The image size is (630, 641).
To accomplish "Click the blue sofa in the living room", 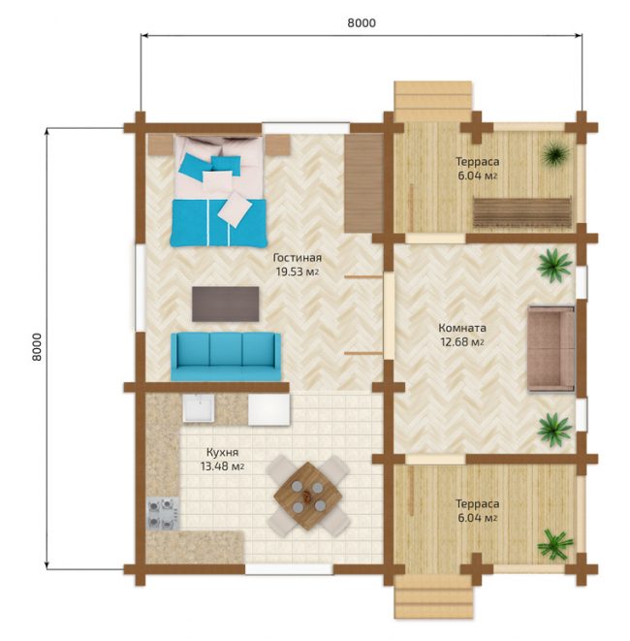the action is pos(226,357).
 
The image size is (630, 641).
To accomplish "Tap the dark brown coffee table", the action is pos(226,304).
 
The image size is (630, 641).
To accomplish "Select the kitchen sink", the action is pos(198,408).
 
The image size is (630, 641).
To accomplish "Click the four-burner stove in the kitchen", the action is pos(163,513).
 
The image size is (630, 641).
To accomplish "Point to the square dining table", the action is pos(307,497).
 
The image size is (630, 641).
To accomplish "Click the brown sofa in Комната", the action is pos(551,349).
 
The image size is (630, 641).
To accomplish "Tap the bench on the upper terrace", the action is pos(522,211).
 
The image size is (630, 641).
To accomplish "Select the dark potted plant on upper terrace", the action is pos(555,153).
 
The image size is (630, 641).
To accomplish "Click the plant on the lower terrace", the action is pos(554,545).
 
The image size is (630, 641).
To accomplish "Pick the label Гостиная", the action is pos(297,258).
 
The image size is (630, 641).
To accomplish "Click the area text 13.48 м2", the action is pos(222,466).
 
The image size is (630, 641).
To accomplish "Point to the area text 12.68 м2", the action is pos(462,341).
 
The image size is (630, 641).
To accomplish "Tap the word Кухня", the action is pos(222,453).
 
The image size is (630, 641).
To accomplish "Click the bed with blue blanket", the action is pos(219,191).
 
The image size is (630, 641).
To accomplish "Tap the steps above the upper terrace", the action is pos(432,101).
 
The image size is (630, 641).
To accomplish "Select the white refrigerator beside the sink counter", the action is pos(268,409).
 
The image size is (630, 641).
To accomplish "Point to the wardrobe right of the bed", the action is pos(363,183).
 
